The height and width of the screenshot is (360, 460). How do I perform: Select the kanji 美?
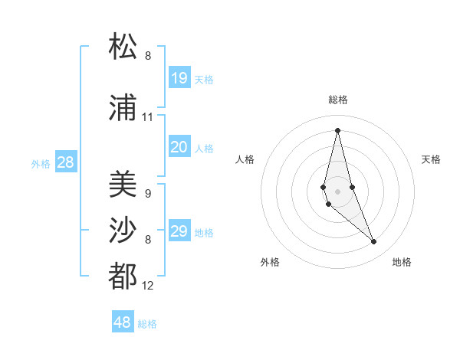pos(123,183)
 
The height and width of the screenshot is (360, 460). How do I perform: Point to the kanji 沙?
pos(123,230)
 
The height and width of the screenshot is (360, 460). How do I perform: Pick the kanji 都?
pos(123,276)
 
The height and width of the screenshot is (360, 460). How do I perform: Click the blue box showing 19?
pos(179,78)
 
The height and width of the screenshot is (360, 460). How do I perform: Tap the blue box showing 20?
pos(179,147)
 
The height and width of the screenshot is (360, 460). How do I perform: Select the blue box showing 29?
pos(179,231)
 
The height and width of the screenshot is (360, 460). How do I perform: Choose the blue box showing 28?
pos(65,162)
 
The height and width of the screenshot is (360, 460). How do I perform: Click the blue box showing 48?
pos(123,322)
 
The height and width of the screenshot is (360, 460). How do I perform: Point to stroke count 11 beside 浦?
pos(148,117)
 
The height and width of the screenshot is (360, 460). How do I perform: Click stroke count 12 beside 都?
pos(148,286)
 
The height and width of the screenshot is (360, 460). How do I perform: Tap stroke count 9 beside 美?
pos(148,193)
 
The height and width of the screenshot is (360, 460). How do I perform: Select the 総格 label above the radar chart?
pos(337,100)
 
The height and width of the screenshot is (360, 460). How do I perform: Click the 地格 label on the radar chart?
pos(402,262)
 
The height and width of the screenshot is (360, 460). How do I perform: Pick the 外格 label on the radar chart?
pos(270,262)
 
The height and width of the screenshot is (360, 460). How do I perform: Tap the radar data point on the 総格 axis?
pos(337,129)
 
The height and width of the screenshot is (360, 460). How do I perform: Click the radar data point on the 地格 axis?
pos(374,242)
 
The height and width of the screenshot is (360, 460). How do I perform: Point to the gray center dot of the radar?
pos(337,191)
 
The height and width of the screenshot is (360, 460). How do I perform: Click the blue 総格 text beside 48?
pos(147,324)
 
